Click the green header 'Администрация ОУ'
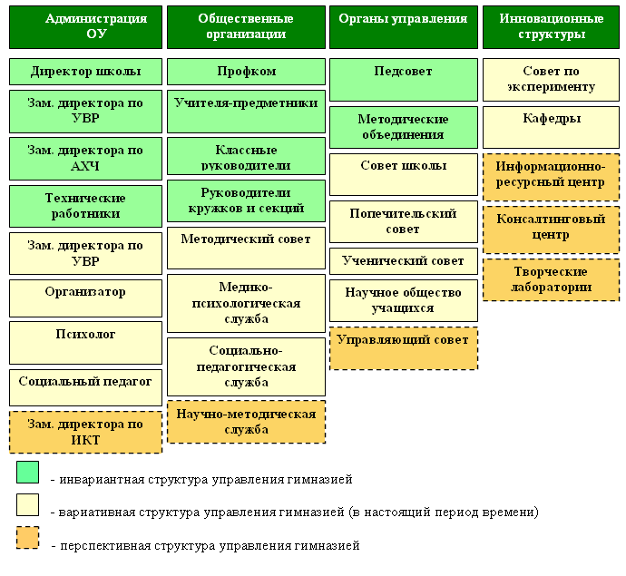(85, 26)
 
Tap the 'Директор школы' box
(85, 72)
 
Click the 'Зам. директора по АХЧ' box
(85, 159)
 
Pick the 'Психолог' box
(85, 342)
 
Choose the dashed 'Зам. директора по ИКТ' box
(85, 432)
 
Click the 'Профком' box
(246, 72)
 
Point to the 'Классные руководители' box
(246, 157)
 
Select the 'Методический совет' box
(246, 248)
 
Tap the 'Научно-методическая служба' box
(246, 422)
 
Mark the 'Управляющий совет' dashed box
(403, 347)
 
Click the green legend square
(27, 472)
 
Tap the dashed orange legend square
(27, 538)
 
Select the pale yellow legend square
(27, 505)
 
